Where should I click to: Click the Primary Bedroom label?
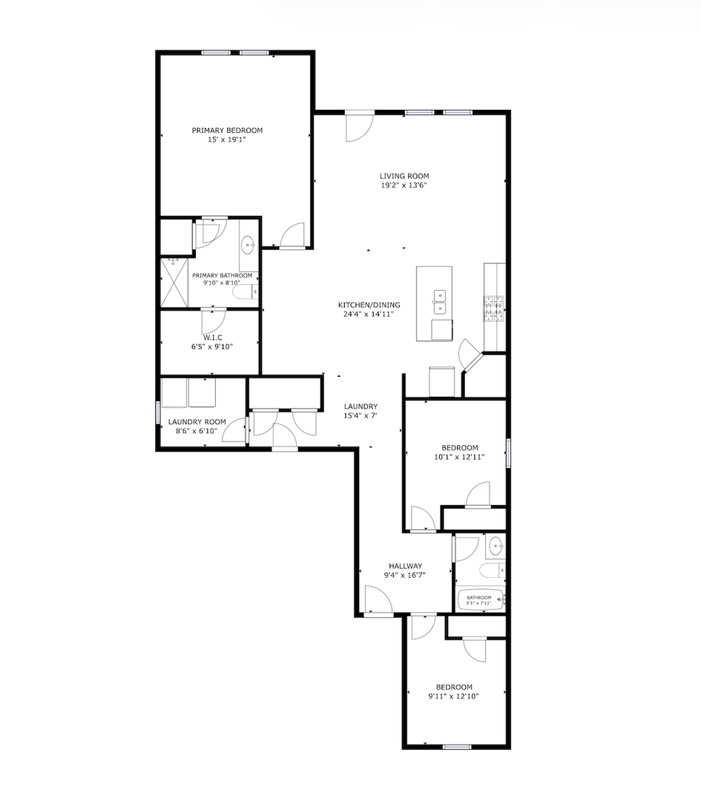(x=228, y=131)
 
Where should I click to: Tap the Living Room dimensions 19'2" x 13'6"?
(x=404, y=185)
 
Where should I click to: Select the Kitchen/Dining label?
(x=369, y=305)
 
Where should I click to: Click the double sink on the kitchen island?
(x=439, y=302)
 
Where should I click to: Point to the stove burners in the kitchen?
(x=493, y=309)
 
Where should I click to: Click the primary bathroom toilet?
(x=246, y=292)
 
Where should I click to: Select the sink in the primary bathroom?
(x=249, y=245)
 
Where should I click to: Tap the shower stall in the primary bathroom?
(x=174, y=283)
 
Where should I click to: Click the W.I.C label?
(x=213, y=337)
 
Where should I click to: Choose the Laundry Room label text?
(x=197, y=422)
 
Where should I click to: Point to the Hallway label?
(x=406, y=566)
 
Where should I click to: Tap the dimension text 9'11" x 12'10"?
(x=454, y=696)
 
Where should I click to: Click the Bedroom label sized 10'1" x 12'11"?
(x=460, y=448)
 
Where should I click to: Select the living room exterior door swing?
(x=360, y=127)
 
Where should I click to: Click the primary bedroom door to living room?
(x=292, y=237)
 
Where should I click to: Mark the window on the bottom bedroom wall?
(x=457, y=747)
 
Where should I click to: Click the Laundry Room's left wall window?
(x=158, y=412)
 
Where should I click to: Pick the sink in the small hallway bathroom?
(x=495, y=547)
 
